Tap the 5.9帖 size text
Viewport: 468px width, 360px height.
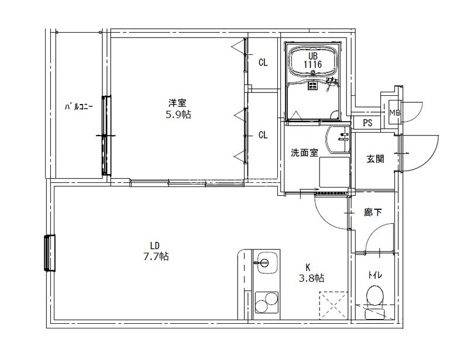(x=178, y=115)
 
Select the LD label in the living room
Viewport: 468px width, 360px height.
(x=154, y=245)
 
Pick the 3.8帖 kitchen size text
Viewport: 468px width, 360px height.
(x=313, y=278)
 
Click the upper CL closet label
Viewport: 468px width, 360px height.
(x=263, y=63)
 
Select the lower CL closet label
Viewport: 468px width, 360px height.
(x=263, y=135)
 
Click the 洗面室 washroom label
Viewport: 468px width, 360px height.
(x=304, y=153)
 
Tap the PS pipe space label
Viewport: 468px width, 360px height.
(x=367, y=123)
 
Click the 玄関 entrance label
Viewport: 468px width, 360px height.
(x=375, y=158)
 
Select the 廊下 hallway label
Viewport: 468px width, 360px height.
(x=373, y=213)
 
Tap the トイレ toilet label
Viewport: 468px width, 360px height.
(x=373, y=275)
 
